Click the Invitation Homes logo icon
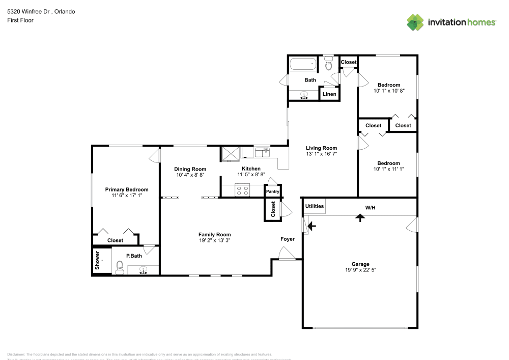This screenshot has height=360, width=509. tap(415, 22)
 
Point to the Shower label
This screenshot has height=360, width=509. tap(96, 260)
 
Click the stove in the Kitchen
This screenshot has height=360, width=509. tap(242, 191)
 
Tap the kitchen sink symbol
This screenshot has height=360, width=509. tap(263, 152)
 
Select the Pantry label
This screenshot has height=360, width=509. tap(273, 191)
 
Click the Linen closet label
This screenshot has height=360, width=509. tap(329, 94)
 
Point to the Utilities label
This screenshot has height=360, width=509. tap(314, 206)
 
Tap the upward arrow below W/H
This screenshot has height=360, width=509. tap(360, 217)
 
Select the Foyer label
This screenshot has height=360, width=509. tap(288, 239)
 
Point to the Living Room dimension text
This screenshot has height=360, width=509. tap(321, 154)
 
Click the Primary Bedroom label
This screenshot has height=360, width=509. tap(127, 189)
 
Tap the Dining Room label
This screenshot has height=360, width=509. tap(190, 169)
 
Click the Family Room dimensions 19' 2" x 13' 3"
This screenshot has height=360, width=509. tap(214, 240)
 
